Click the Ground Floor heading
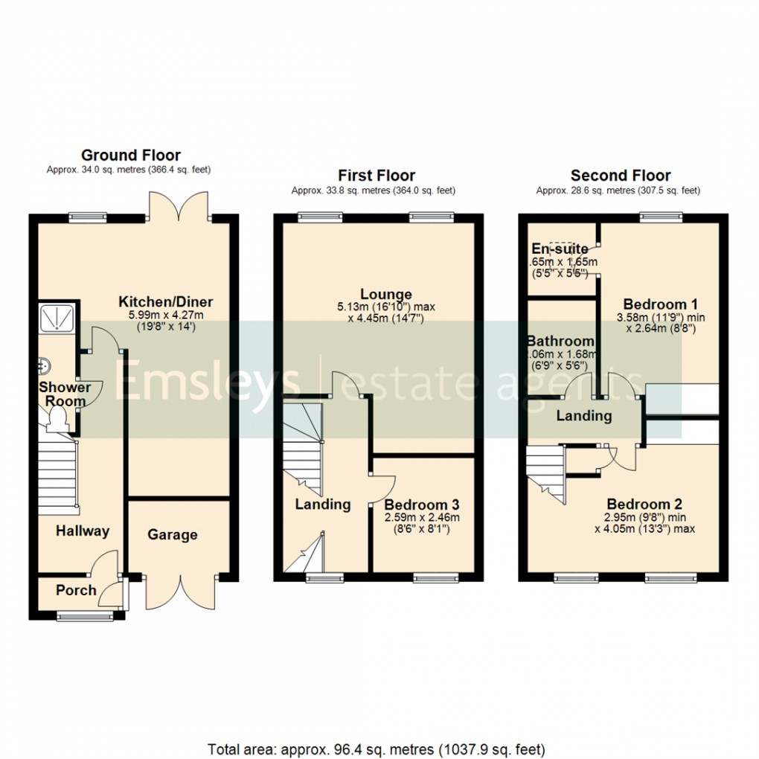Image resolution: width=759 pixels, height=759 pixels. (x=130, y=156)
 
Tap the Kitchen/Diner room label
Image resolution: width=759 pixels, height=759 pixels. (x=166, y=302)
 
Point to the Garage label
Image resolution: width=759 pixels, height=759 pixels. (x=172, y=534)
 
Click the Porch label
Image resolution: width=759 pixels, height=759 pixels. (x=76, y=590)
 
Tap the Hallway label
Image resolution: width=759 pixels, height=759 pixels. (x=83, y=531)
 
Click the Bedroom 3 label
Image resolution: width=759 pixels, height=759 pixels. (x=422, y=505)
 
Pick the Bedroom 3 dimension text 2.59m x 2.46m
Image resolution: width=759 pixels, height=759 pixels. (x=422, y=518)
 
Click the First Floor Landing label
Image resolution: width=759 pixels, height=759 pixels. (x=323, y=504)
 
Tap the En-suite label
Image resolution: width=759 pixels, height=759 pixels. (x=560, y=249)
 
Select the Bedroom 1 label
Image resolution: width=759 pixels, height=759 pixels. (x=660, y=304)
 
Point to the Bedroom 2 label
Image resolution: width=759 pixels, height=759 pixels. (x=644, y=503)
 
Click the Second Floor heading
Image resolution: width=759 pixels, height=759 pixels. (x=620, y=176)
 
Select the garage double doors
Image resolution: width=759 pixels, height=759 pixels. (x=178, y=592)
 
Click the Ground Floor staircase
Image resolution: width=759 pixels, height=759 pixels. (x=57, y=476)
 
